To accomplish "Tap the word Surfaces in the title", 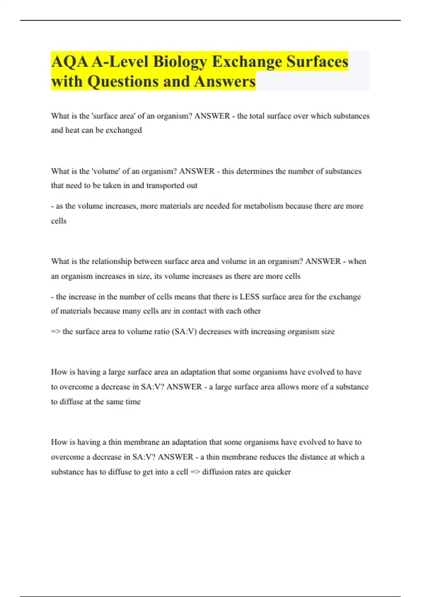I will point(317,62).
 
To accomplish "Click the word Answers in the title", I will point(225,81).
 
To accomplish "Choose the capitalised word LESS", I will point(249,297).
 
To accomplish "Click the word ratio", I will point(160,332).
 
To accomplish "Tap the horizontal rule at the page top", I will point(210,20).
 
